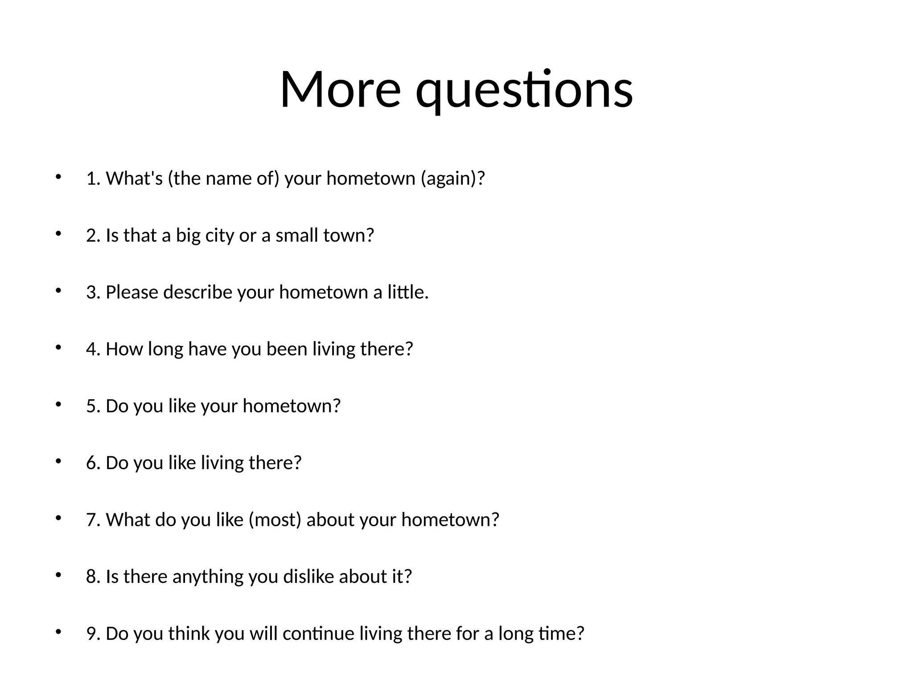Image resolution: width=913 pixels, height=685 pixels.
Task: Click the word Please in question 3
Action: [132, 292]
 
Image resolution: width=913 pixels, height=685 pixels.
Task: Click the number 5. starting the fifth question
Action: [93, 406]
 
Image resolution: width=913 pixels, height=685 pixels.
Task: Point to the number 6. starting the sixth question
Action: [93, 463]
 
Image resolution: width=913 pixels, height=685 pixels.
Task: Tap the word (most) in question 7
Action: [275, 520]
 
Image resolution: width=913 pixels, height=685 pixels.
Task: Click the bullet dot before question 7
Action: [58, 518]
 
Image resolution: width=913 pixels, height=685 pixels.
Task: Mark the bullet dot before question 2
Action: [58, 233]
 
